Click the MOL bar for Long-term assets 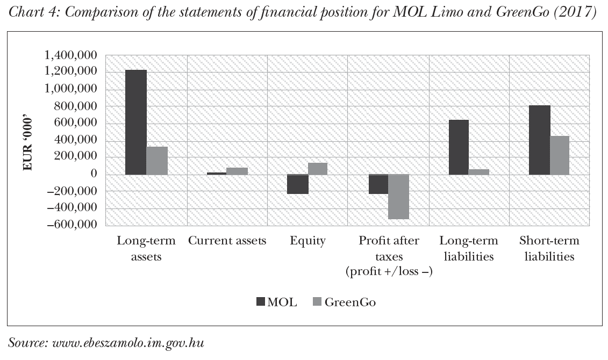(136, 122)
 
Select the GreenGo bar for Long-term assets (157, 161)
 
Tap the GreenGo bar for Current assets (237, 171)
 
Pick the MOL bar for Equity (298, 184)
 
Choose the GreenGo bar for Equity (318, 169)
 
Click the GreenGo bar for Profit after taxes (398, 197)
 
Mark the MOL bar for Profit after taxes (378, 184)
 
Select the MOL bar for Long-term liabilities (459, 147)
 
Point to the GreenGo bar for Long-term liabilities (479, 172)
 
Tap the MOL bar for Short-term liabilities (539, 140)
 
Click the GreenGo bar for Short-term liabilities (560, 155)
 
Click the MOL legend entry (276, 302)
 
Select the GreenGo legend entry (344, 302)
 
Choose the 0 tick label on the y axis (94, 174)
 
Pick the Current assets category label (227, 241)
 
